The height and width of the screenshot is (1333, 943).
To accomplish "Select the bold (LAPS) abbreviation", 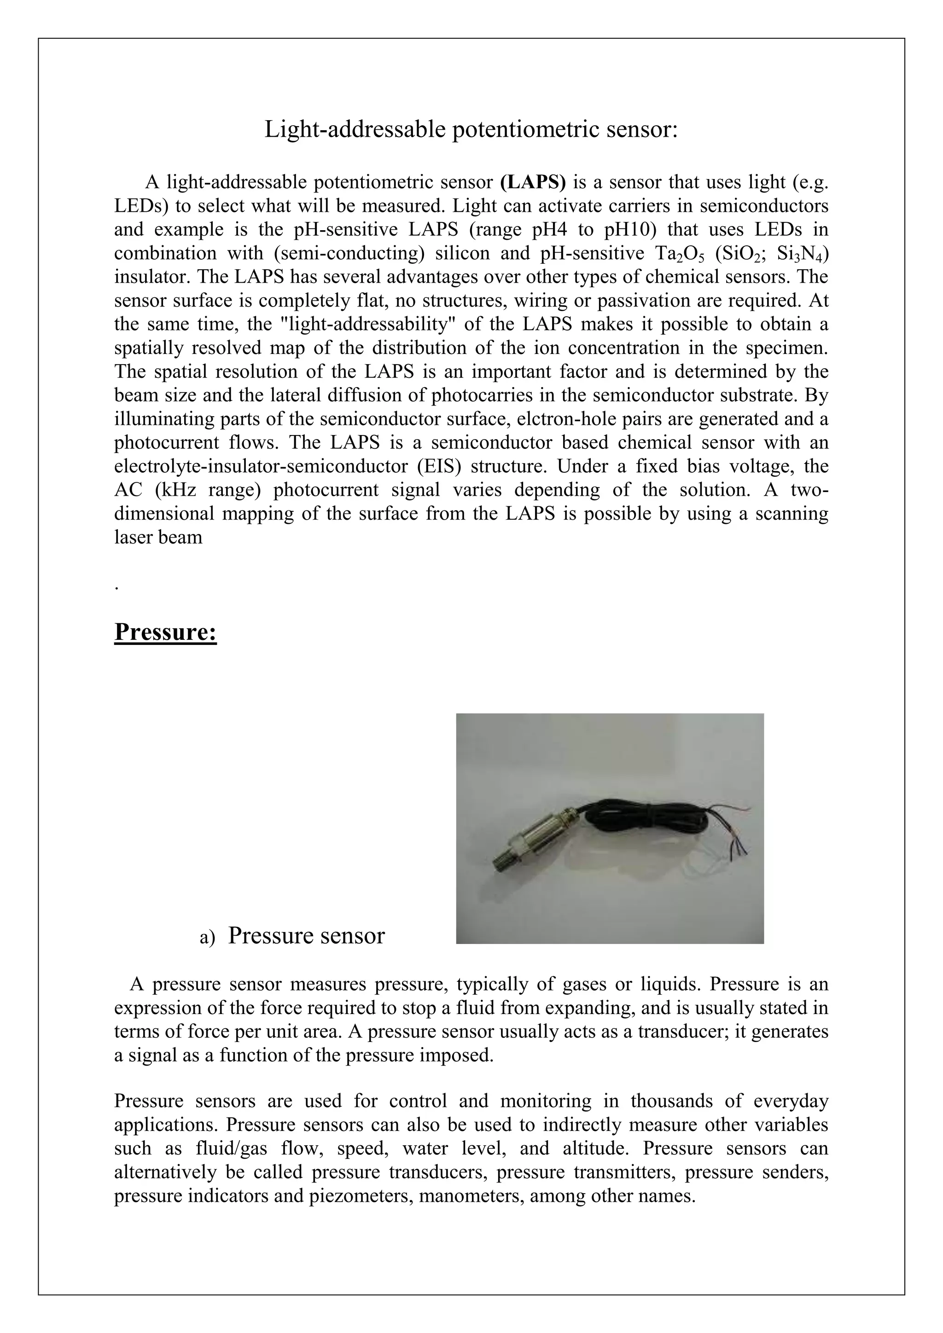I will (532, 182).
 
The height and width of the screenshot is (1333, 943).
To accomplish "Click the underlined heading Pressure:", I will (165, 632).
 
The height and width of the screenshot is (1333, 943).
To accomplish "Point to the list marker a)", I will (207, 937).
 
